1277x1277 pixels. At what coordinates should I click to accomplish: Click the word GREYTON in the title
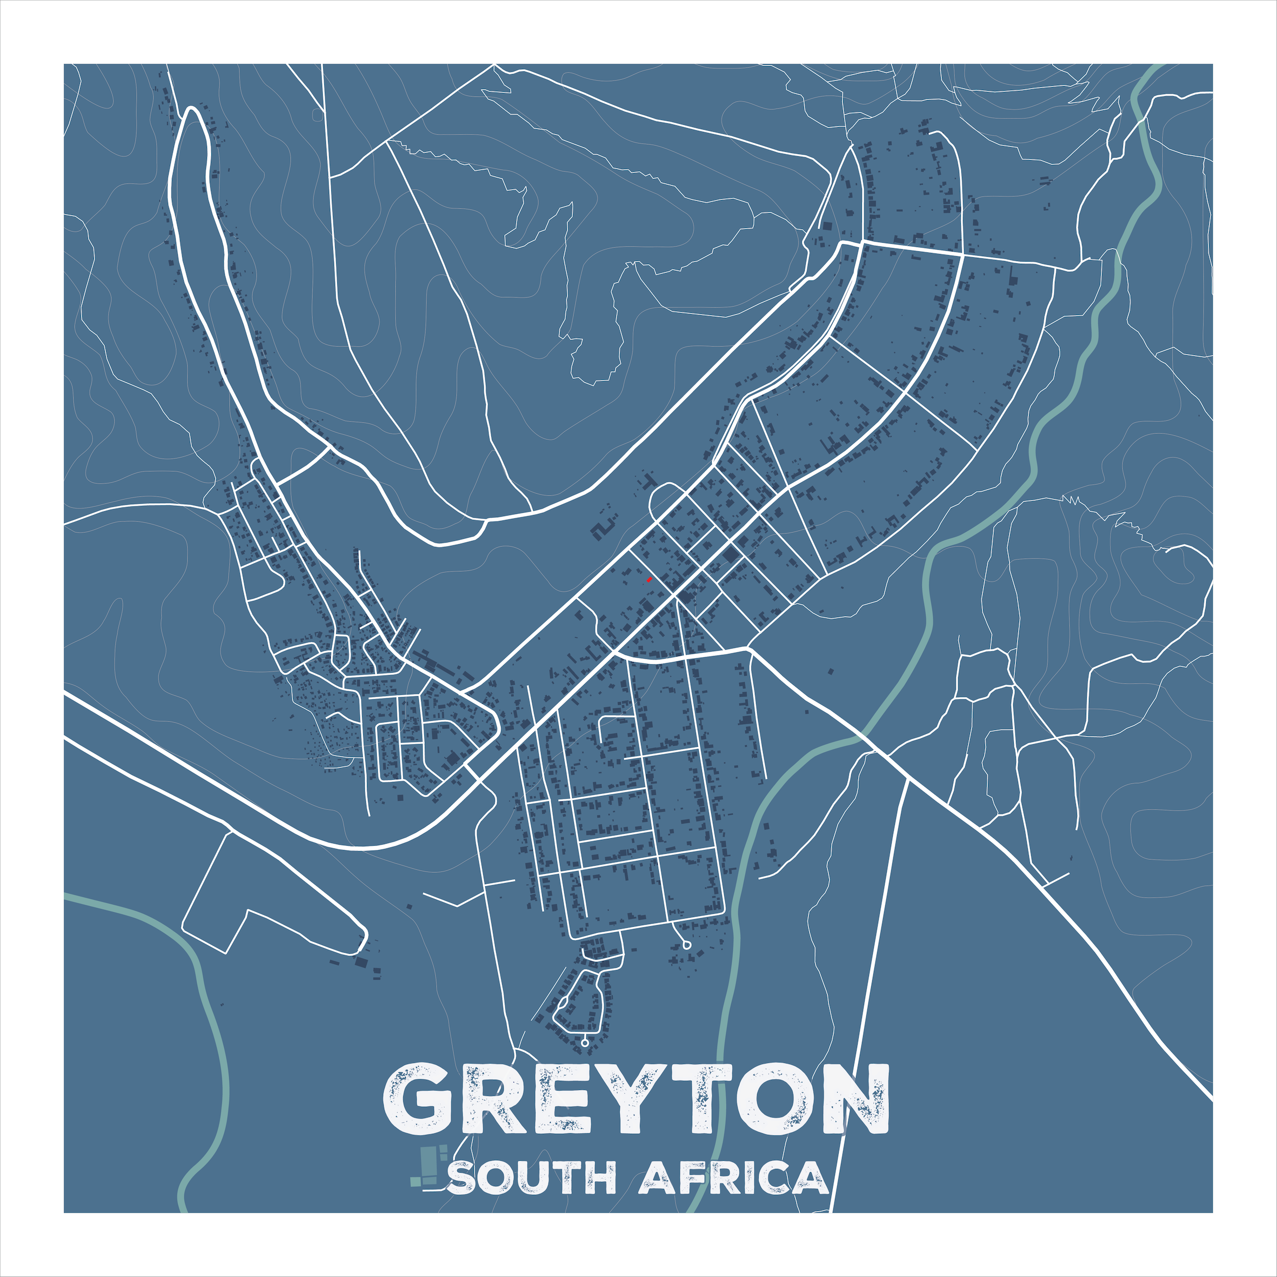[x=637, y=1099]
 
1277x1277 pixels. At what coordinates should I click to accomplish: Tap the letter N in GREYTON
[x=854, y=1099]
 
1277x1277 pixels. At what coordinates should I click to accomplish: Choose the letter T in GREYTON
[x=700, y=1099]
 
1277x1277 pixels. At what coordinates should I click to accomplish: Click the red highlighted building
[x=649, y=580]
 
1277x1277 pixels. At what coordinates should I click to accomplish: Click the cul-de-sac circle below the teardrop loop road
[x=585, y=1043]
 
